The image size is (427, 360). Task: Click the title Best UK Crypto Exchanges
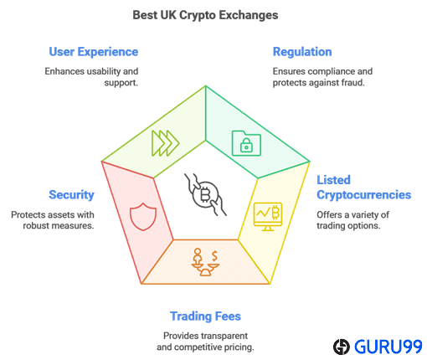point(205,15)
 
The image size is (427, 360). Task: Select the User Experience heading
point(94,52)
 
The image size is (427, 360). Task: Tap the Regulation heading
point(302,52)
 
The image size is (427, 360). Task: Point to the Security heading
point(71,195)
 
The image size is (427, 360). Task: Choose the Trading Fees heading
point(205,316)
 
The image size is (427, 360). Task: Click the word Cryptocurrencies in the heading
point(364,195)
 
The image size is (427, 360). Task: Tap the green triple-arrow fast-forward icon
point(165,143)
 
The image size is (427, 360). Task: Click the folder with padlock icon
point(246,143)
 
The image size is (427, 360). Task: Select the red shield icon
point(143,217)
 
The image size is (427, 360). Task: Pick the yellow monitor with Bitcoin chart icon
point(268,217)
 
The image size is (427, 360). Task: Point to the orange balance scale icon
point(205,262)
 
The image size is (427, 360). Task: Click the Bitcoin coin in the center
point(206,194)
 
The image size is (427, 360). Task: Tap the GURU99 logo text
point(388,347)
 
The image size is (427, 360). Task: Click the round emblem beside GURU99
point(342,347)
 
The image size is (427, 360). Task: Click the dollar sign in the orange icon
point(214,256)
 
